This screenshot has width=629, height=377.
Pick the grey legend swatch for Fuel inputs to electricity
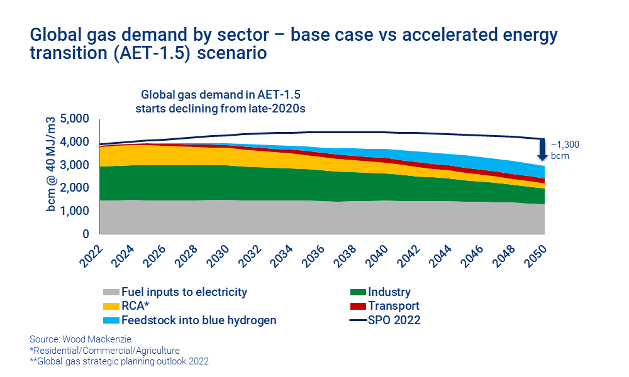coord(109,292)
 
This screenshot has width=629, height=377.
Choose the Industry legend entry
coord(389,292)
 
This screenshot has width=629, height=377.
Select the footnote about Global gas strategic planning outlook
coord(119,361)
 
